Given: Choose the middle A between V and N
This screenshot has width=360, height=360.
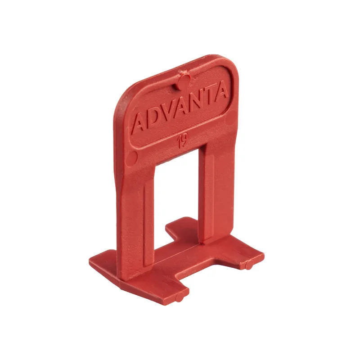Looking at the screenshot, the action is [x=181, y=106].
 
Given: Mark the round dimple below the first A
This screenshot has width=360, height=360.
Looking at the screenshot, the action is [x=132, y=158].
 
